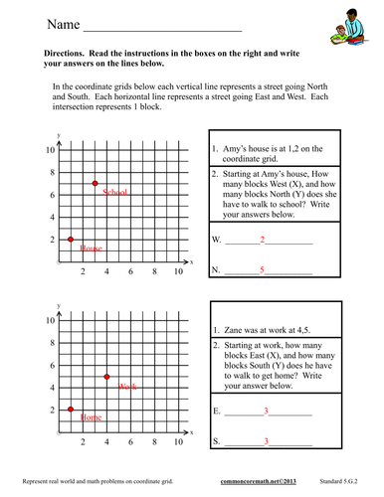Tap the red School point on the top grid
click(x=95, y=184)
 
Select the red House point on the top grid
click(x=71, y=240)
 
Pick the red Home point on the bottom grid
click(x=71, y=410)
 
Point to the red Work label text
click(x=127, y=386)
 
